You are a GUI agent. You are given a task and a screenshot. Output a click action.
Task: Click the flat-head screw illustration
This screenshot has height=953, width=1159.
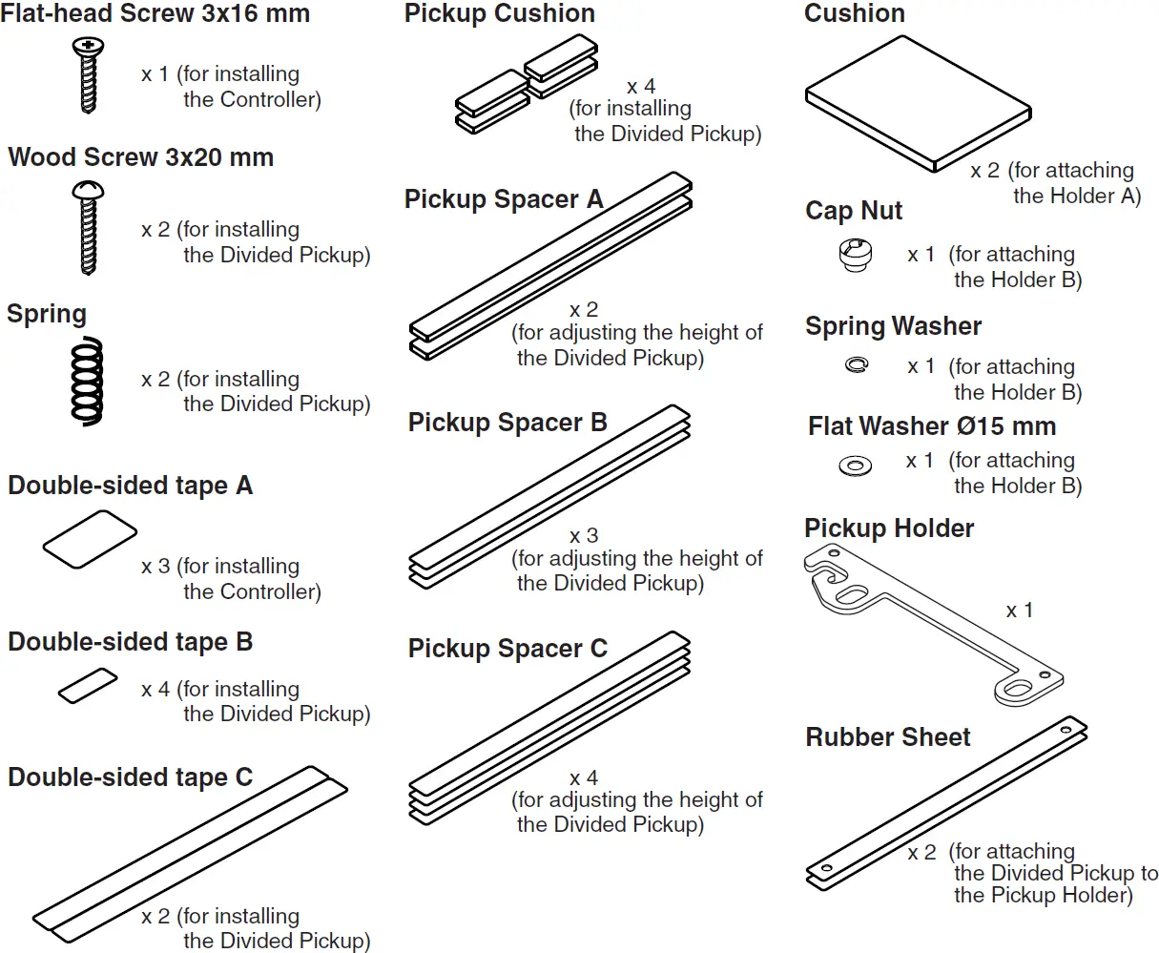[88, 75]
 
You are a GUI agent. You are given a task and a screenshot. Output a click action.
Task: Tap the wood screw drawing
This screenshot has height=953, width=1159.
[86, 229]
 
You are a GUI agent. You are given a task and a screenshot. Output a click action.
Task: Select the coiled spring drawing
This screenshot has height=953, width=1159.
[87, 381]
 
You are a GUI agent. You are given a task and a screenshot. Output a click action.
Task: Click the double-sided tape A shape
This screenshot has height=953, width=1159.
[90, 540]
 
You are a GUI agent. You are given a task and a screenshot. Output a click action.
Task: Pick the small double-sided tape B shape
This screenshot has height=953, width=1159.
[88, 686]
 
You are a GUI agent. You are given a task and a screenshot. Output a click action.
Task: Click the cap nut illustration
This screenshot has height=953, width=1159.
[855, 256]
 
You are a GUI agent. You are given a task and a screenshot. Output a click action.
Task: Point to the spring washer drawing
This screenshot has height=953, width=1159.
[857, 364]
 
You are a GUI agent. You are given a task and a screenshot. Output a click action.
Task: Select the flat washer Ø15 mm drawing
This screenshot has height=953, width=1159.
[855, 466]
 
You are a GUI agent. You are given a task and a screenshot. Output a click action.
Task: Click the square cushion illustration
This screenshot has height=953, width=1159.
[918, 105]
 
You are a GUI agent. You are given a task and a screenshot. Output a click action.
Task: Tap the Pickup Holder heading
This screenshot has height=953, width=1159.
[888, 528]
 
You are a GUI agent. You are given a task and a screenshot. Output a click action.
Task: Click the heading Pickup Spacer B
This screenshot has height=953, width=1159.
[507, 423]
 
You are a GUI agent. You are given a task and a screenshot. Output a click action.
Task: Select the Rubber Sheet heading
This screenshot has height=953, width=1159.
[887, 737]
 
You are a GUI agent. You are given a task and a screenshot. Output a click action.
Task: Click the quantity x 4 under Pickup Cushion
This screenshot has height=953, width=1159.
[641, 87]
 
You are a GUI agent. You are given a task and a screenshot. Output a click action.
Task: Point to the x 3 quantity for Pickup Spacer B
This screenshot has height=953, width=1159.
[584, 536]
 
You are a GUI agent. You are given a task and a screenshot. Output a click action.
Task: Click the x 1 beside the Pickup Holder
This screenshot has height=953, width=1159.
[1019, 611]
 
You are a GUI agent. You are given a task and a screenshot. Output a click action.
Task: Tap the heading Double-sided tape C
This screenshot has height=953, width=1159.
[130, 777]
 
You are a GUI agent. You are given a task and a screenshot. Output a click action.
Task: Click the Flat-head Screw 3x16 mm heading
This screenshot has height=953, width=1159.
[155, 14]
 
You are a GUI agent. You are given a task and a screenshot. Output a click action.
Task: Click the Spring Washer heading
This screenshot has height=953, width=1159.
[893, 326]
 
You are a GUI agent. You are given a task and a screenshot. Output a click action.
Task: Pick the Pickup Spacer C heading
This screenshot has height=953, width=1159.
[507, 649]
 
